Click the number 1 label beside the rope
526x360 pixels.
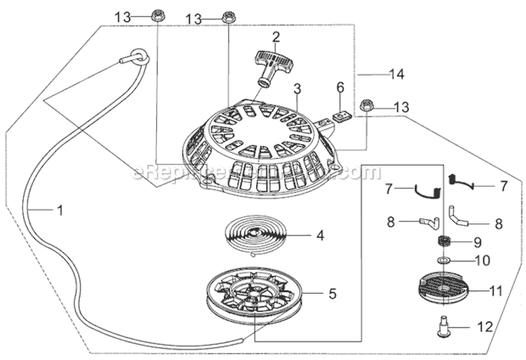coord(59,208)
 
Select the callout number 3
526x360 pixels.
coord(297,87)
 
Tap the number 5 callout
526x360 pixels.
coord(332,294)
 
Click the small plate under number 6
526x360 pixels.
coord(343,115)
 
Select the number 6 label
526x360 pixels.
coord(340,87)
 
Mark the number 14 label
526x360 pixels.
coord(396,75)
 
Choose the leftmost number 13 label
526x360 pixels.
coord(124,17)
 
